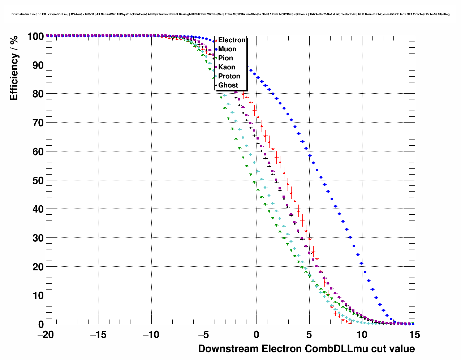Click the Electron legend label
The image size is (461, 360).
pos(232,40)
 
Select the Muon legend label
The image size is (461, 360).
pos(227,49)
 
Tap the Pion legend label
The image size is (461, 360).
pos(225,58)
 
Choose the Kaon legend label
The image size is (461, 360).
pos(227,67)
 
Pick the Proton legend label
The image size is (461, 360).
pos(229,76)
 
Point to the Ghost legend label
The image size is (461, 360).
pos(228,85)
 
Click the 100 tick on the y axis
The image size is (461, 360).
pos(35,36)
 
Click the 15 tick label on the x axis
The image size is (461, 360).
pos(415,335)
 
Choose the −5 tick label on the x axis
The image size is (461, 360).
pos(204,335)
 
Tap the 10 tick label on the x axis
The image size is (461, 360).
pos(362,335)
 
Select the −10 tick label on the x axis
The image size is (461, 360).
pos(151,335)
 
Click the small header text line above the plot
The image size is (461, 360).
pos(231,14)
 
